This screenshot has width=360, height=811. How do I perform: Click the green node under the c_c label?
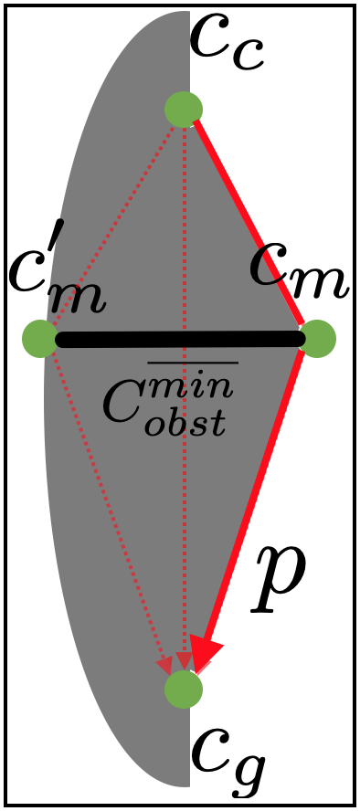coord(184,109)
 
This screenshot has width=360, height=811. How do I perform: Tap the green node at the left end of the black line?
coord(40,339)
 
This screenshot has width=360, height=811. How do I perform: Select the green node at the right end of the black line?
coord(317,339)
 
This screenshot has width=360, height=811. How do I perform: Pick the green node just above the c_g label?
coord(184,689)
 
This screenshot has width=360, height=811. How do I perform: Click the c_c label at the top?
coord(227,43)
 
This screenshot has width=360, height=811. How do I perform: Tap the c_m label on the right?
coord(299,274)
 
